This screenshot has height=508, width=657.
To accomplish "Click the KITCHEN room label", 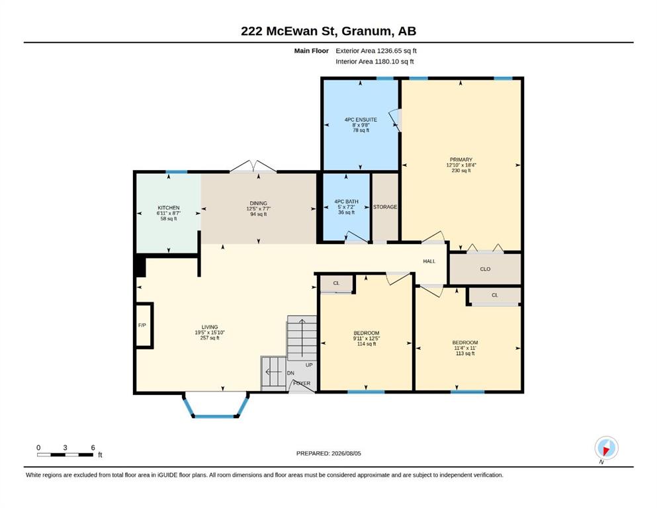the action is point(169,208).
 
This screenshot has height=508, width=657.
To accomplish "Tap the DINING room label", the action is point(258,203).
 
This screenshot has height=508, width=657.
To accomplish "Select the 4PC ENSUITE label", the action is point(361,120).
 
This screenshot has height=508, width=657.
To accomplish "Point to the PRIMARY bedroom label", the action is point(461,159).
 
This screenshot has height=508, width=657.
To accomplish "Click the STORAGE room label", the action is point(385,207).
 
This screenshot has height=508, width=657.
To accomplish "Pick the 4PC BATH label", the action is point(346,202).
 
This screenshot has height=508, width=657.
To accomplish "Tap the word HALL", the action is point(429,261).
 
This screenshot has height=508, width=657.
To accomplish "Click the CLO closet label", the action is point(485,269).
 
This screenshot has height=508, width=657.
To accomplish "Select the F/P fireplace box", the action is point(144,325).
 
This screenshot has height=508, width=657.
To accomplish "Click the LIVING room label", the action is point(210,327).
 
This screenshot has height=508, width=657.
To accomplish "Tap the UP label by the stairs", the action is point(309,365).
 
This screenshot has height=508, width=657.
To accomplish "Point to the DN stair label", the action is point(290,372).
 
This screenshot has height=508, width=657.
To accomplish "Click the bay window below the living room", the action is point(216,416).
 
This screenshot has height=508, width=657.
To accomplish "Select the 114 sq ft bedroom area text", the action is point(366,344).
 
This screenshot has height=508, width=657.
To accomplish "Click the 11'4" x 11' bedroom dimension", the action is point(465,348).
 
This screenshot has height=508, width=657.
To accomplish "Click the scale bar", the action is point(65,454).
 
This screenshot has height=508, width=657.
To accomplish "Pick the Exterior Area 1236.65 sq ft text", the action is point(376,51).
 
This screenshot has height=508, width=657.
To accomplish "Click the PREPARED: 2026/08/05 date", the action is point(328,453).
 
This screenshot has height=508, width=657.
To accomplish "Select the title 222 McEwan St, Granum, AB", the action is point(328,31).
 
